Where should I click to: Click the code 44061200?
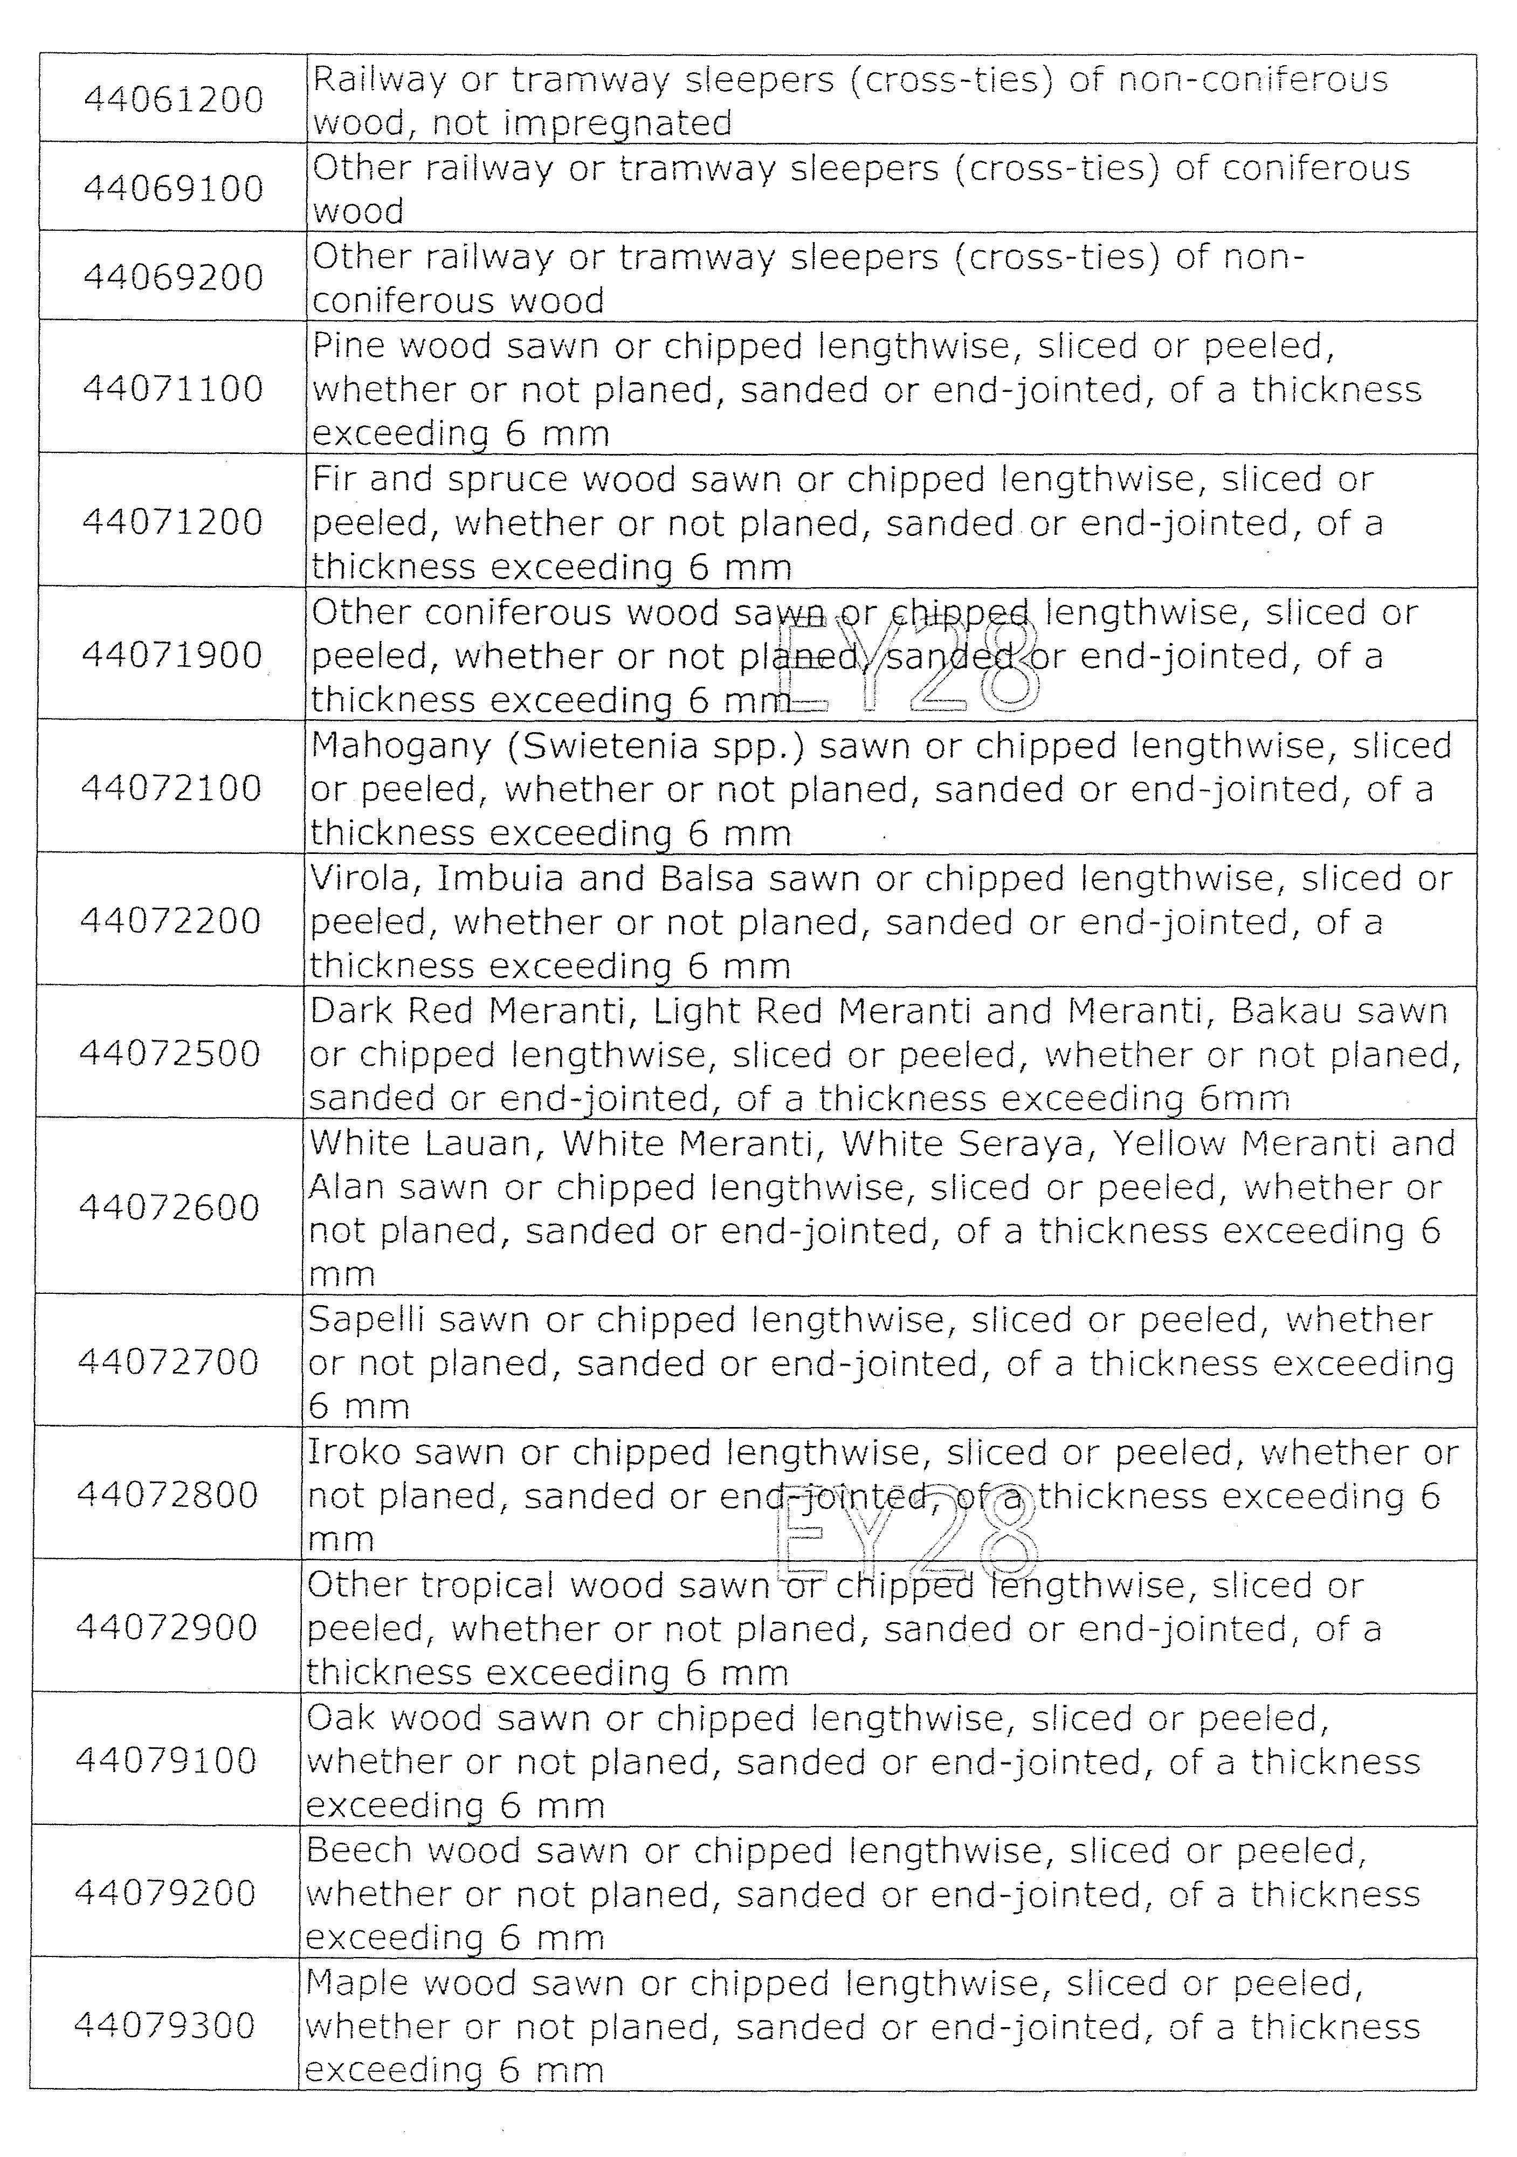pyautogui.click(x=174, y=100)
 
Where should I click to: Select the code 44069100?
pyautogui.click(x=174, y=189)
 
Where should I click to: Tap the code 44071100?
pyautogui.click(x=174, y=389)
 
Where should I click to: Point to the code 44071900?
pyautogui.click(x=172, y=655)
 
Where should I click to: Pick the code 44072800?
pyautogui.click(x=167, y=1494)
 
